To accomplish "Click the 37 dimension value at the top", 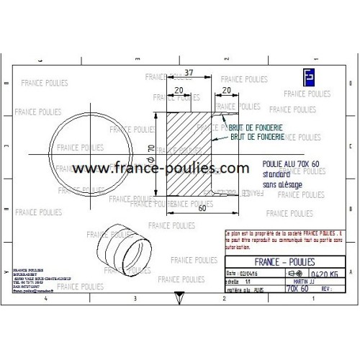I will [x=188, y=73].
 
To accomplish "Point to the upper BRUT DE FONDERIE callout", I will [x=255, y=127].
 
